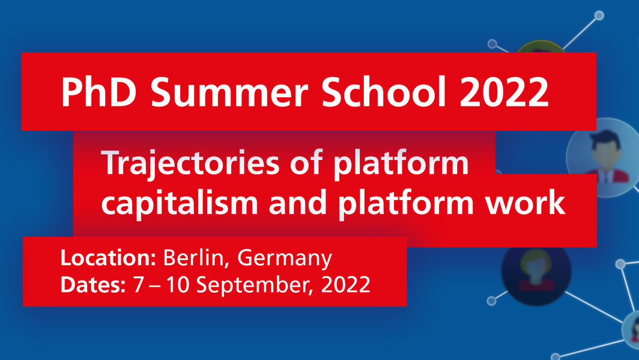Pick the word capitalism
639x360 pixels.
coord(180,203)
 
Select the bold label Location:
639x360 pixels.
coord(108,258)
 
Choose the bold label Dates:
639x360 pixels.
coord(93,284)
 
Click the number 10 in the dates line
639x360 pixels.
coord(178,285)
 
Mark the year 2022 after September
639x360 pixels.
coord(346,285)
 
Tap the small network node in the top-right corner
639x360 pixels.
coord(599,16)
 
